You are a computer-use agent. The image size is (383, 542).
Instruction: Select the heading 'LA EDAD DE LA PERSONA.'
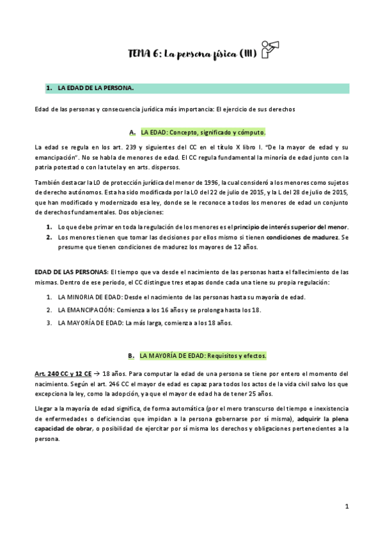[95, 88]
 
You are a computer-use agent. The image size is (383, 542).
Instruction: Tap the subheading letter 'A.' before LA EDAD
[132, 132]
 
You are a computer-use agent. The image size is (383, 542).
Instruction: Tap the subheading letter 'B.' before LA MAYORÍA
[130, 355]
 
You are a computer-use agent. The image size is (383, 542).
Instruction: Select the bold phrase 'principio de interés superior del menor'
[290, 227]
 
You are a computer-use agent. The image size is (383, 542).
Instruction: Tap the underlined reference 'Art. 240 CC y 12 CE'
[63, 373]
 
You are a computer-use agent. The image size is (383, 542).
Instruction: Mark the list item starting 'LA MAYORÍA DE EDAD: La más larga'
[145, 323]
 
